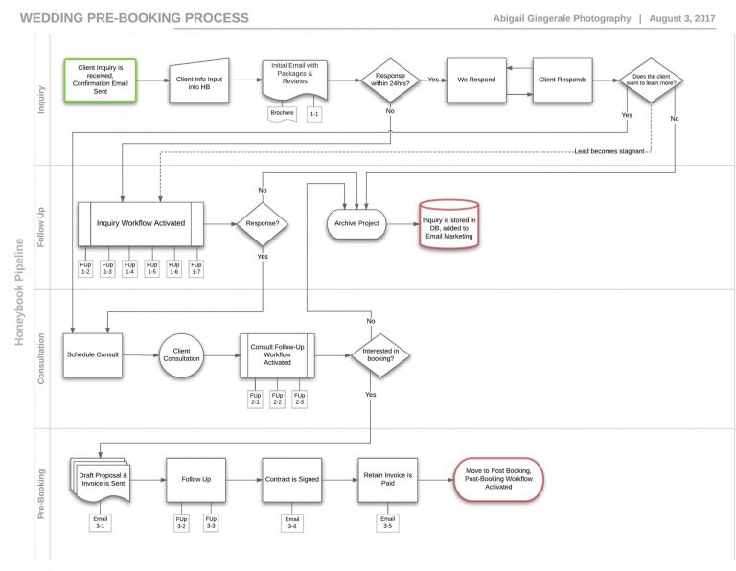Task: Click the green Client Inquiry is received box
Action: [x=101, y=80]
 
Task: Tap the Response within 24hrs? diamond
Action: [x=389, y=80]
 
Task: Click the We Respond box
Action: [x=476, y=80]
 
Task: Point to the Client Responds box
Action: [x=562, y=80]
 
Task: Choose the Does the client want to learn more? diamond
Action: [x=651, y=80]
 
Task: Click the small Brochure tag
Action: [x=282, y=113]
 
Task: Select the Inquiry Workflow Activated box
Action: [x=140, y=223]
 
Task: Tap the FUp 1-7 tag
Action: [x=195, y=268]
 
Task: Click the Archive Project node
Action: [x=356, y=223]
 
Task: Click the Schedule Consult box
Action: [x=93, y=354]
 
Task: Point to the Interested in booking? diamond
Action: [x=380, y=355]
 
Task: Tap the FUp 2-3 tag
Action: [x=300, y=399]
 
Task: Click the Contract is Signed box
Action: [x=291, y=478]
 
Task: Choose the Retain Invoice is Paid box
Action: [x=387, y=478]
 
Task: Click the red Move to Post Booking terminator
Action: [x=497, y=478]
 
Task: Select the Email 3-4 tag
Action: [x=291, y=522]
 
